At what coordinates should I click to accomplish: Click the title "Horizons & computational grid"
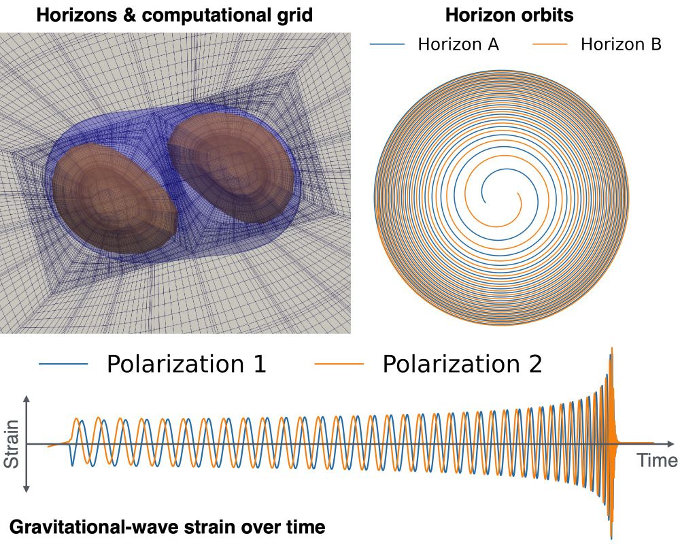174,16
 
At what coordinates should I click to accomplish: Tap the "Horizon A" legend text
458,45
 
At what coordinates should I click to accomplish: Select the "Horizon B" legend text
621,45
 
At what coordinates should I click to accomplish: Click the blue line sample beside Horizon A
388,45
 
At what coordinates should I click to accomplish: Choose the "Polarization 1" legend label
186,364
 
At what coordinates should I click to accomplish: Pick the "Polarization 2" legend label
462,364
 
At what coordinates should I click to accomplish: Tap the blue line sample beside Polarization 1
64,364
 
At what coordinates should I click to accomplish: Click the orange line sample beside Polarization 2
339,364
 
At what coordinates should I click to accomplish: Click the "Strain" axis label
12,444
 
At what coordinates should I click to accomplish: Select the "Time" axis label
657,460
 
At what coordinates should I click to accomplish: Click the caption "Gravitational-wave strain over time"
167,526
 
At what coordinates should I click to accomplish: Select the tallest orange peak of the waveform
613,349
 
